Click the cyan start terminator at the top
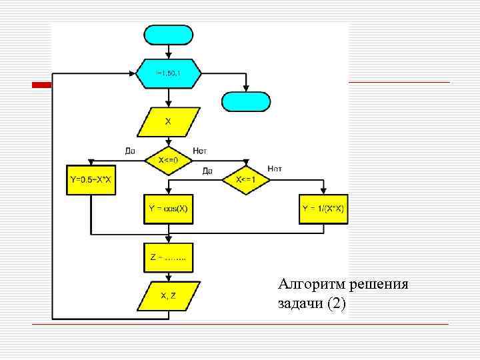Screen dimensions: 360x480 (x=169, y=34)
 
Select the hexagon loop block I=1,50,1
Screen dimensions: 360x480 (x=169, y=73)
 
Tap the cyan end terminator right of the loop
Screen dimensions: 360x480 (x=246, y=101)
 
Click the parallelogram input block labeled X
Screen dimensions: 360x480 (x=169, y=122)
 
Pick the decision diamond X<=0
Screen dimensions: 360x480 (x=169, y=161)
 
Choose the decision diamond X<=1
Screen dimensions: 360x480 (x=246, y=181)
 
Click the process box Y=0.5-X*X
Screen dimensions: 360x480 (x=90, y=180)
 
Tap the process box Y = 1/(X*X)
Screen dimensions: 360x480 (x=324, y=209)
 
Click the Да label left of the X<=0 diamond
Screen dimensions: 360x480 (x=130, y=151)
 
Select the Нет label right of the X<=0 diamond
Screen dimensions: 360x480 (x=200, y=151)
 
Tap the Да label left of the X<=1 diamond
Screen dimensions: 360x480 (x=207, y=171)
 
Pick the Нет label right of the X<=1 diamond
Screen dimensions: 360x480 (x=274, y=169)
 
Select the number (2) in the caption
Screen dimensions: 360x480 (x=335, y=304)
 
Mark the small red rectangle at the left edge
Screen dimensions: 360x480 (x=43, y=85)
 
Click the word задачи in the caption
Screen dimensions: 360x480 (x=299, y=304)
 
